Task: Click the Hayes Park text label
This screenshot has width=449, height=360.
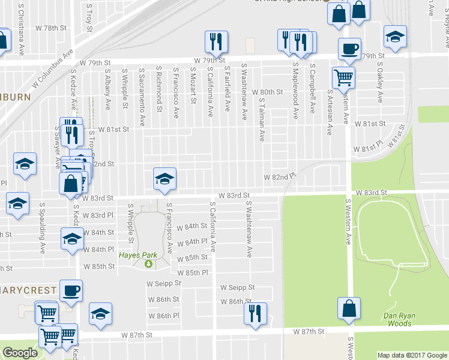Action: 133,254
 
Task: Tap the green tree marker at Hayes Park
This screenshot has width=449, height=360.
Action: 148,263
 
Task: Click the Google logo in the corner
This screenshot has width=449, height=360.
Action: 20,353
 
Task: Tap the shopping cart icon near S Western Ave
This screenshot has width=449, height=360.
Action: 343,76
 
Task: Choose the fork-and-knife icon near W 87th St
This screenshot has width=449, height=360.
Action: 255,312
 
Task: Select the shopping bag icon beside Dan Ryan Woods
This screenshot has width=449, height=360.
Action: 349,308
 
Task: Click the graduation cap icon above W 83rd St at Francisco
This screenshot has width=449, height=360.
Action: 164,178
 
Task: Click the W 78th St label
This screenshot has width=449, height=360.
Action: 50,28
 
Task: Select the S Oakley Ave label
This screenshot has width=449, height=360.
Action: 379,86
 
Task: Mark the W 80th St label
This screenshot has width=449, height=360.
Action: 267,92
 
